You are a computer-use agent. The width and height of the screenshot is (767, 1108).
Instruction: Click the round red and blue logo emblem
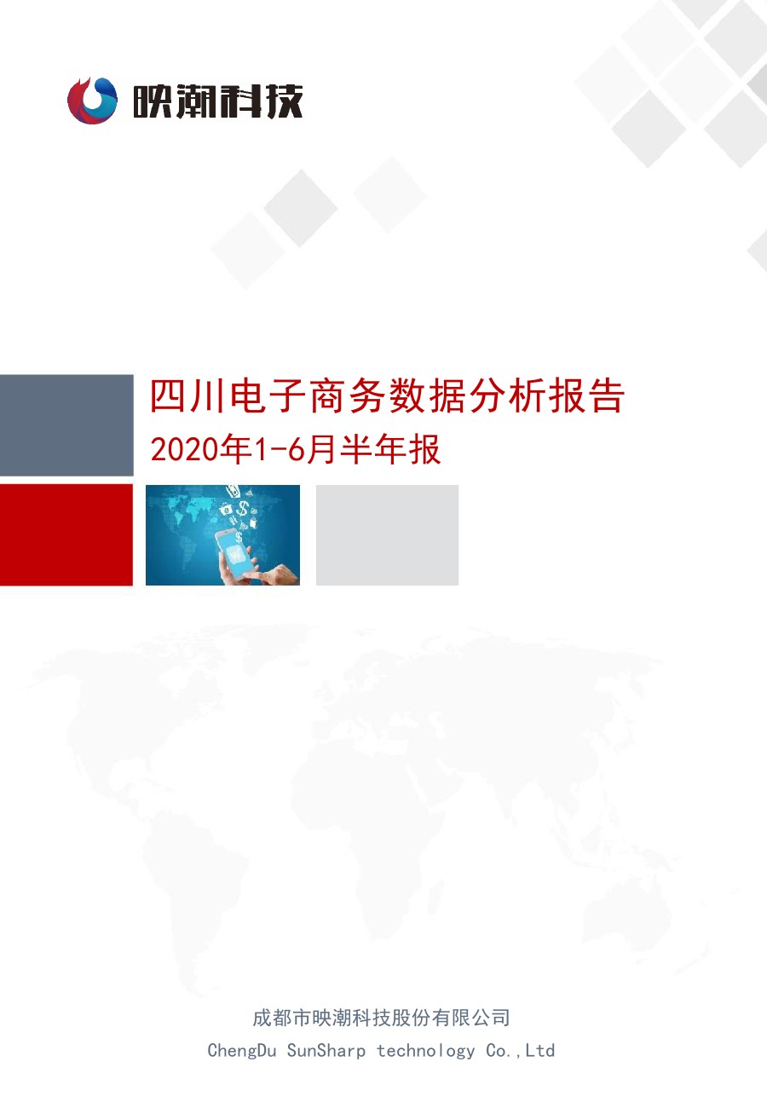click(93, 101)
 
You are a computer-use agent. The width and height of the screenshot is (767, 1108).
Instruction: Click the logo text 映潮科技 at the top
click(217, 101)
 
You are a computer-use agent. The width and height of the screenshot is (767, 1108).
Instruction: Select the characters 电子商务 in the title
click(309, 395)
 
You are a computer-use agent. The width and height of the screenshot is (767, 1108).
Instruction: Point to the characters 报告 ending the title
click(586, 395)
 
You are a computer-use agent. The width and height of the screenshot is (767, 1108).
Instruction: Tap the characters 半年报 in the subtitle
click(389, 450)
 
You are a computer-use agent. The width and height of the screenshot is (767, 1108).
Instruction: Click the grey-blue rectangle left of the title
click(66, 425)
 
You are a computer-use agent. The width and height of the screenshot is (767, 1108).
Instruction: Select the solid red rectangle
click(66, 534)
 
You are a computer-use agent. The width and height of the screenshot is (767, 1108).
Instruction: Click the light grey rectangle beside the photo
click(387, 535)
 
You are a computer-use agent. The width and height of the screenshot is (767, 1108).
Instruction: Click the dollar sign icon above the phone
click(243, 507)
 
